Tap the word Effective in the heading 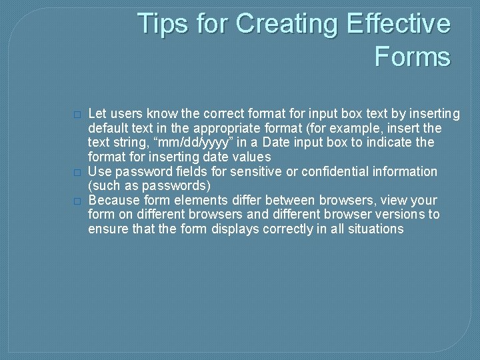(x=399, y=24)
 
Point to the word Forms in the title (x=412, y=57)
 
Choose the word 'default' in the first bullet (x=109, y=128)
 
